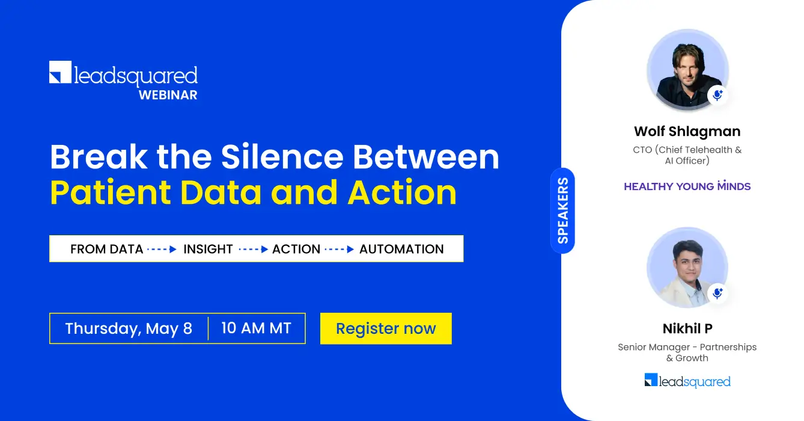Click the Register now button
click(x=386, y=328)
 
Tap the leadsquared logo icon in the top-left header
click(x=60, y=72)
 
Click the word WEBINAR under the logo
click(x=168, y=95)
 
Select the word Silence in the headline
click(x=281, y=157)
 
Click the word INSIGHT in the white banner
click(x=208, y=249)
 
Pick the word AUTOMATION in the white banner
click(x=401, y=249)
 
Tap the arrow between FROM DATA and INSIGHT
click(x=162, y=249)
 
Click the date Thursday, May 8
click(x=129, y=328)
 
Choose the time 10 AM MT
click(x=256, y=328)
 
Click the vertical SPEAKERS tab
click(x=562, y=210)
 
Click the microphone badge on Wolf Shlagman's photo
click(x=717, y=95)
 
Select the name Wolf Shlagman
click(x=687, y=131)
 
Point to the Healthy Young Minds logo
click(x=687, y=186)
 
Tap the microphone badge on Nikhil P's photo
click(x=717, y=293)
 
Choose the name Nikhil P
click(x=687, y=328)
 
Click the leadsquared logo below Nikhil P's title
click(x=687, y=381)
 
